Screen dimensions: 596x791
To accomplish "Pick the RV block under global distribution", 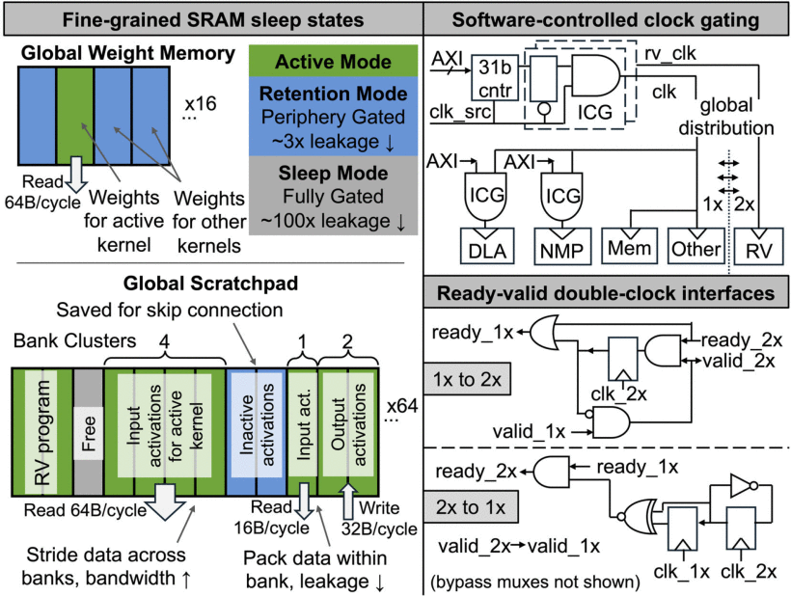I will click(x=759, y=248).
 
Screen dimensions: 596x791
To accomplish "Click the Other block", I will click(x=696, y=248).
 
